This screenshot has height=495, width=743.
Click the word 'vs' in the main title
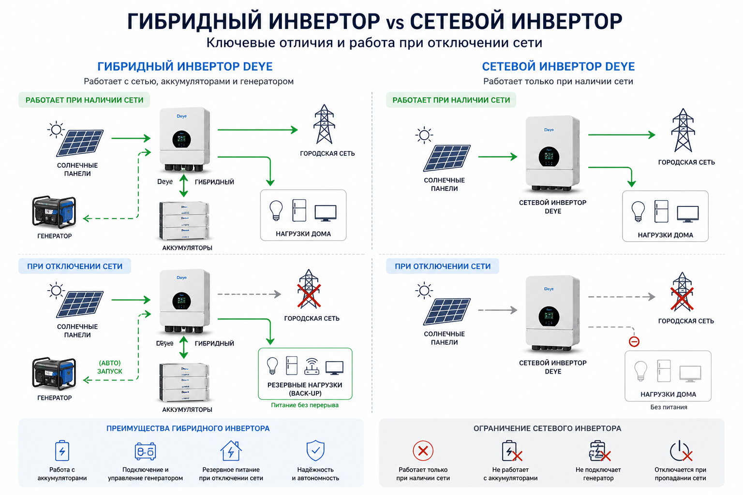point(395,23)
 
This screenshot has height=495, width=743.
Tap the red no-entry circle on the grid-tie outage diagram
point(634,341)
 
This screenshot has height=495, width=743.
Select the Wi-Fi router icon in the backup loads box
point(312,366)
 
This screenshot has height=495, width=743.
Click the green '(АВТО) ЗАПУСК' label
point(110,367)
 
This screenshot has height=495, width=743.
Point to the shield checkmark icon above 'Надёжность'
point(315,450)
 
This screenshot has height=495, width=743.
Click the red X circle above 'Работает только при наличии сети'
point(423,451)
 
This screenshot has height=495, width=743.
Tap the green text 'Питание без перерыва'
point(304,405)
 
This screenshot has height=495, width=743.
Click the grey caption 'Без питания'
point(669,407)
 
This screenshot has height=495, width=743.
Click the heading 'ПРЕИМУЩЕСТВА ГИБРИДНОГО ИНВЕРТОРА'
point(188,428)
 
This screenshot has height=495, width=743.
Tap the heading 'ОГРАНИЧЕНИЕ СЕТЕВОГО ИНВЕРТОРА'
point(547,428)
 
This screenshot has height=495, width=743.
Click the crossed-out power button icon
point(681,451)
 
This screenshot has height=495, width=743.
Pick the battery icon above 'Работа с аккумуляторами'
point(62,450)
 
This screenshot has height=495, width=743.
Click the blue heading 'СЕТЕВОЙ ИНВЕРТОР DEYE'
point(558,67)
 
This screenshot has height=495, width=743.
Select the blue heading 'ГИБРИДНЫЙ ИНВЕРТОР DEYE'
point(185,67)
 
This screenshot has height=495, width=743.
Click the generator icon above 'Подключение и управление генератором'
point(145,451)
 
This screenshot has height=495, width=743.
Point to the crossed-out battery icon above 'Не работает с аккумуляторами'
point(512,451)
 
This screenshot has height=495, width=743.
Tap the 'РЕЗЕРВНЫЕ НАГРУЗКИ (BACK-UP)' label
point(304,389)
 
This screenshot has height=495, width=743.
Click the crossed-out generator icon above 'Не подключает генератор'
point(599,451)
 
